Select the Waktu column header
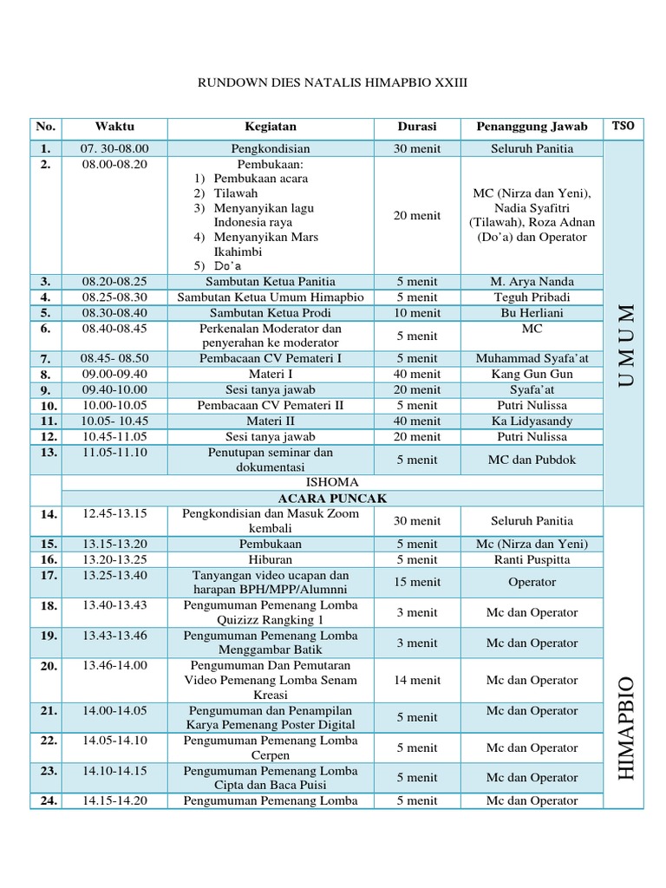(x=114, y=127)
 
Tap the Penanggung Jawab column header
(x=532, y=127)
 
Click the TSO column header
(x=623, y=126)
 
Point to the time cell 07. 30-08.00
(x=114, y=148)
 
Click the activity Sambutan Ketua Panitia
(x=270, y=282)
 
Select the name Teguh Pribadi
(x=532, y=297)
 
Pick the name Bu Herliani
(x=532, y=313)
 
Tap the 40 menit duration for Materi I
(x=416, y=374)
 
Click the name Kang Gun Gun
(x=532, y=374)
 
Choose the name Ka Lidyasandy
(x=532, y=421)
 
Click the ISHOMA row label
(x=332, y=482)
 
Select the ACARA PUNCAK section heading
(x=332, y=499)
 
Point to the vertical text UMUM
(x=624, y=345)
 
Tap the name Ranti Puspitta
(x=532, y=559)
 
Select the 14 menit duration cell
(x=416, y=681)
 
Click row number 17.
(x=47, y=576)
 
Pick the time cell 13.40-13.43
(x=114, y=605)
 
